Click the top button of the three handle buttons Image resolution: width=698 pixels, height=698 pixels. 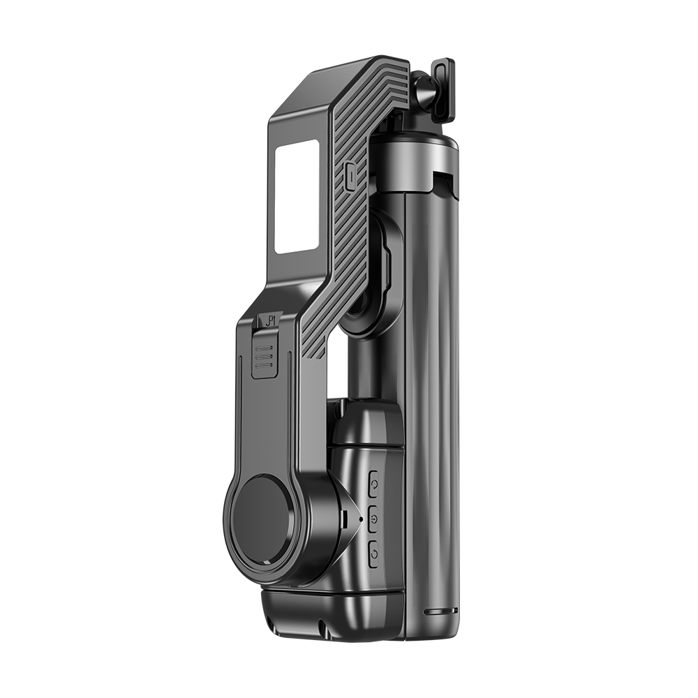pos(373,482)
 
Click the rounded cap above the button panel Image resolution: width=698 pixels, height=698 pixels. pos(366,422)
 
